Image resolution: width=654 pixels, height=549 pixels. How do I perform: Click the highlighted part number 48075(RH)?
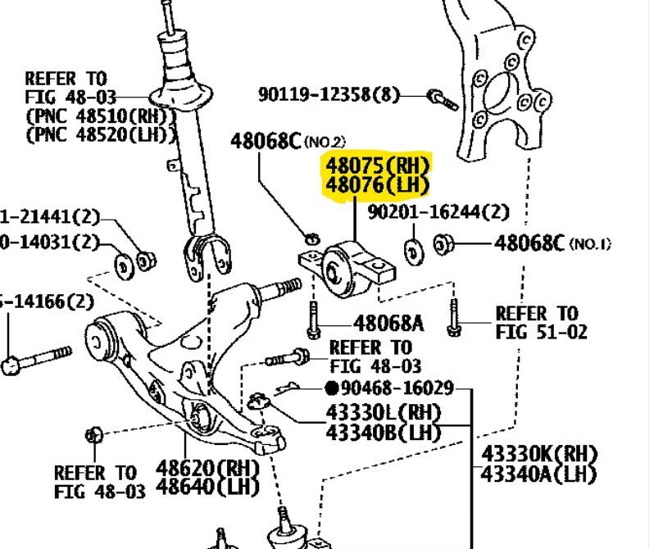(x=377, y=164)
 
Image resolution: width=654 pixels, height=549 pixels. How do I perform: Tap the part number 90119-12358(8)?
(x=329, y=95)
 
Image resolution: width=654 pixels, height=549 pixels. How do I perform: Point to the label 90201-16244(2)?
(x=438, y=213)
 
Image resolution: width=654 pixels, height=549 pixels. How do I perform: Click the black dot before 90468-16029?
(x=332, y=388)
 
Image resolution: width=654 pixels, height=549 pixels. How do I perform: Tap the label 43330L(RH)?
(x=383, y=412)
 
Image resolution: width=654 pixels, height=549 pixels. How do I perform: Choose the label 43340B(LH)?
(x=383, y=432)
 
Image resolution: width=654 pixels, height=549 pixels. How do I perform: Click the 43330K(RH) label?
(x=538, y=454)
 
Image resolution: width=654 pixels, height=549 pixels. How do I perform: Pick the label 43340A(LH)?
(x=538, y=474)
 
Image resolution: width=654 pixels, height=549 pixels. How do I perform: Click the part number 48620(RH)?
(x=207, y=469)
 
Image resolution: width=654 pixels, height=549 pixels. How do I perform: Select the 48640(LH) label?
(x=207, y=488)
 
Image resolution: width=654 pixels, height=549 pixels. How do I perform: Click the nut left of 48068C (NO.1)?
(x=444, y=243)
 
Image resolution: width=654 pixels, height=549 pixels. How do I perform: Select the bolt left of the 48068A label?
(x=314, y=320)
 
